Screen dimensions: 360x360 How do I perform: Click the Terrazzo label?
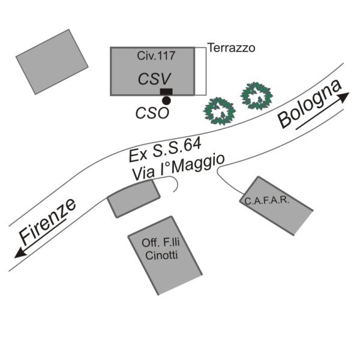231,47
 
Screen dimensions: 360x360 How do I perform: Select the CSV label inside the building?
155,79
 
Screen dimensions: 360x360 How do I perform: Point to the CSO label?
152,112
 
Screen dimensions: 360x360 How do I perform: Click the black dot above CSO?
166,100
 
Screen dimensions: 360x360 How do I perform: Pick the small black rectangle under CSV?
166,91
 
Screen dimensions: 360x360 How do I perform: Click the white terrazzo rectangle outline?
200,71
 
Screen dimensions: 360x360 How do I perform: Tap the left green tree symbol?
218,109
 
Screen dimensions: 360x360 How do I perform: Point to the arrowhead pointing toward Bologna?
343,96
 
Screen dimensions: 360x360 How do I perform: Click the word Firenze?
47,221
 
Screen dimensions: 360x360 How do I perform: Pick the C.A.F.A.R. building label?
267,200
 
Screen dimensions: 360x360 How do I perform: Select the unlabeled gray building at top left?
52,61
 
